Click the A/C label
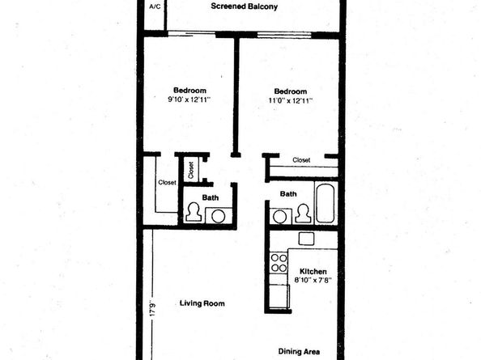point(155,6)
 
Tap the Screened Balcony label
point(245,6)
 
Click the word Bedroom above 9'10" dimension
point(189,90)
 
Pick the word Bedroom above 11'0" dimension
point(290,90)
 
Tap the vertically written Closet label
point(191,169)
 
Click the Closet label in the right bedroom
point(301,160)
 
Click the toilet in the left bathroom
point(194,213)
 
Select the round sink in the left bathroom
point(217,215)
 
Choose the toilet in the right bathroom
point(303,214)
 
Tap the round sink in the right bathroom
point(280,216)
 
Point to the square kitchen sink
point(306,239)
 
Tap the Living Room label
point(201,303)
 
